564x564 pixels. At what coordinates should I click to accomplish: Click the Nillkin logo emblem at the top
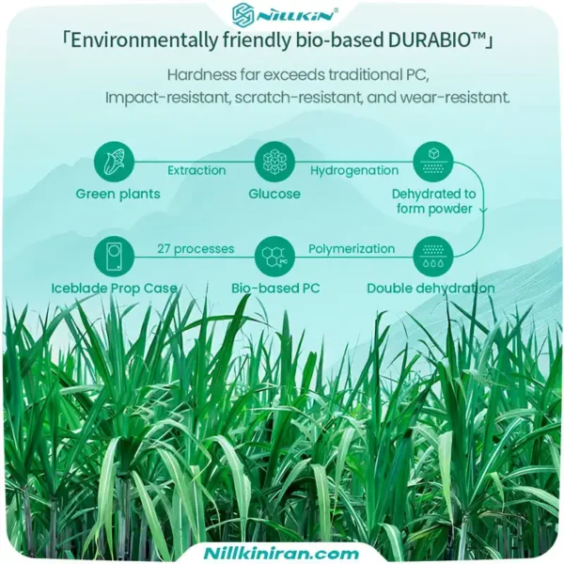(243, 15)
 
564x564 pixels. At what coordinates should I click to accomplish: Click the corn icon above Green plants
(114, 162)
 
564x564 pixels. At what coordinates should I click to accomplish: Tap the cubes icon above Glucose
(274, 162)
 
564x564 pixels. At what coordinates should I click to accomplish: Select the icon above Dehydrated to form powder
(433, 162)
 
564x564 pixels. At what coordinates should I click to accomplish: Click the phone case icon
(114, 257)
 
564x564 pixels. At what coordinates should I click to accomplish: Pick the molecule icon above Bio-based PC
(274, 257)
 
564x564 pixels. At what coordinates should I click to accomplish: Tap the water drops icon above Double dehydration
(433, 257)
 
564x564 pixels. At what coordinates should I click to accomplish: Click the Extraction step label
(196, 170)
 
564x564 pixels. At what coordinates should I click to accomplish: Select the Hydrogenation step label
(354, 170)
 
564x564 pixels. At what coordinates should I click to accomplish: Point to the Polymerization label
(352, 249)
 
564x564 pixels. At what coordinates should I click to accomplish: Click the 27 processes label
(196, 249)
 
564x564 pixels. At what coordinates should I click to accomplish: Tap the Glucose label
(274, 194)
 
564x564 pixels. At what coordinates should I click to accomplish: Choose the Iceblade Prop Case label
(114, 289)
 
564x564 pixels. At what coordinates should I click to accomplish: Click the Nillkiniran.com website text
(281, 553)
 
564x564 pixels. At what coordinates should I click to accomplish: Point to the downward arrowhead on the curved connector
(483, 210)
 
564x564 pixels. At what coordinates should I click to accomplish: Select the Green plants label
(118, 195)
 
